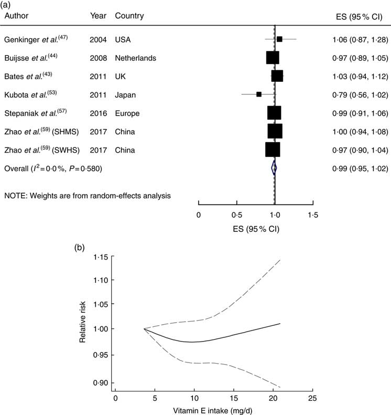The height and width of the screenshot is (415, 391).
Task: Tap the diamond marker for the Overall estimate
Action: pyautogui.click(x=274, y=168)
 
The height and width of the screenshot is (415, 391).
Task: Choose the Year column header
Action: pyautogui.click(x=97, y=16)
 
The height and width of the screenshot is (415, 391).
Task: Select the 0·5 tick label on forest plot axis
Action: pyautogui.click(x=236, y=214)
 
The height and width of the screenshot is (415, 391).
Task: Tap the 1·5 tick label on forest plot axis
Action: pyautogui.click(x=313, y=214)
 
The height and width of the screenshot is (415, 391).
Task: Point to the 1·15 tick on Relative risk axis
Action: pyautogui.click(x=101, y=257)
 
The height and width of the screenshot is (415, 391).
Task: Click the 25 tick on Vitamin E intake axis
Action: pyautogui.click(x=312, y=398)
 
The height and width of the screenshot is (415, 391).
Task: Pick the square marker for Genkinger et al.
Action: pyautogui.click(x=279, y=39)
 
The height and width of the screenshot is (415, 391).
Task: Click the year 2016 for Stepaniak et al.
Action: pyautogui.click(x=98, y=113)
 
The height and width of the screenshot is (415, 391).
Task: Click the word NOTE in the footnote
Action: pyautogui.click(x=16, y=196)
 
